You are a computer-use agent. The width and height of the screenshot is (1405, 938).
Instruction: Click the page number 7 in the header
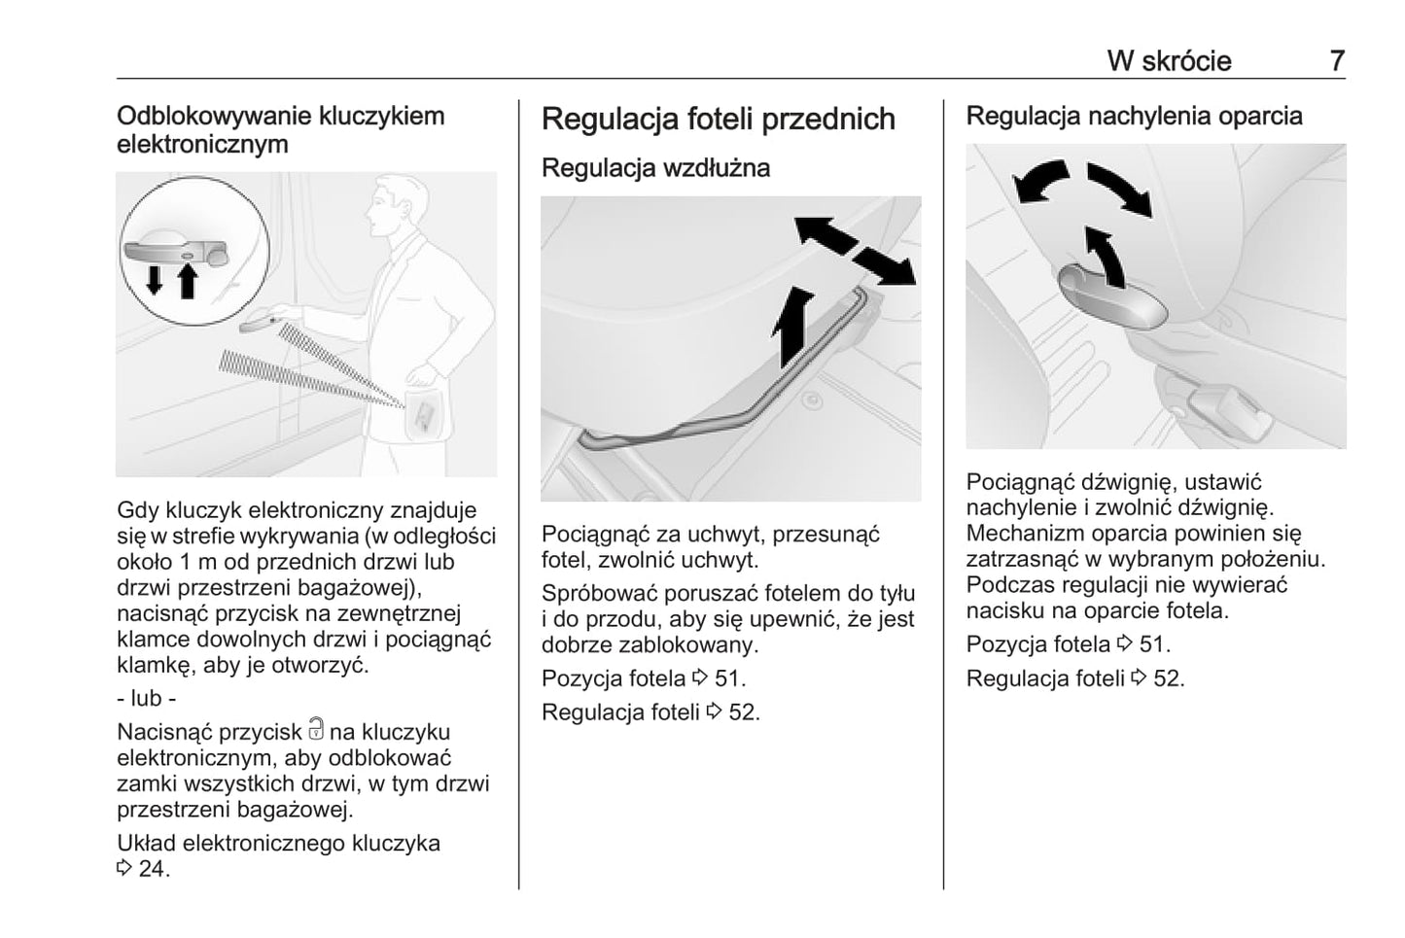pyautogui.click(x=1337, y=60)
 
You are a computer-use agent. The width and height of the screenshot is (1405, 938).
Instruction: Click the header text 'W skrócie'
pyautogui.click(x=1169, y=60)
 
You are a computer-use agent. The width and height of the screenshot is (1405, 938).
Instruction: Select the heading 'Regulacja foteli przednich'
pyautogui.click(x=718, y=119)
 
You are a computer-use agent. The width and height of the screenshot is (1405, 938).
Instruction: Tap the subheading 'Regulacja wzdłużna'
pyautogui.click(x=655, y=167)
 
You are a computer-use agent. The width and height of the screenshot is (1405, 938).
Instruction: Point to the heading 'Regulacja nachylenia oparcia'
pyautogui.click(x=1134, y=116)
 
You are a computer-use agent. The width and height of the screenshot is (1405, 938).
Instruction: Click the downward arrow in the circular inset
pyautogui.click(x=154, y=279)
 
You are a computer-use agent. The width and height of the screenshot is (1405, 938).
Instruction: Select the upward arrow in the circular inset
pyautogui.click(x=188, y=281)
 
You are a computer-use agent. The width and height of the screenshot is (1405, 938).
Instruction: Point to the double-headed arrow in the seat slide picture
pyautogui.click(x=855, y=251)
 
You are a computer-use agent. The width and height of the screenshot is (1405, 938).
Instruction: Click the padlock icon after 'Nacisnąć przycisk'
pyautogui.click(x=316, y=730)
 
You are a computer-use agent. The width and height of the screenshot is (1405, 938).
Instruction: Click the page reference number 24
pyautogui.click(x=153, y=868)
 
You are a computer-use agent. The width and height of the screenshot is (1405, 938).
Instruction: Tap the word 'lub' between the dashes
pyautogui.click(x=146, y=698)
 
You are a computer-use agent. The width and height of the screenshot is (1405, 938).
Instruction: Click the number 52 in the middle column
pyautogui.click(x=743, y=712)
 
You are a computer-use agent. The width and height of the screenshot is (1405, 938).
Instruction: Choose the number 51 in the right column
pyautogui.click(x=1154, y=643)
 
